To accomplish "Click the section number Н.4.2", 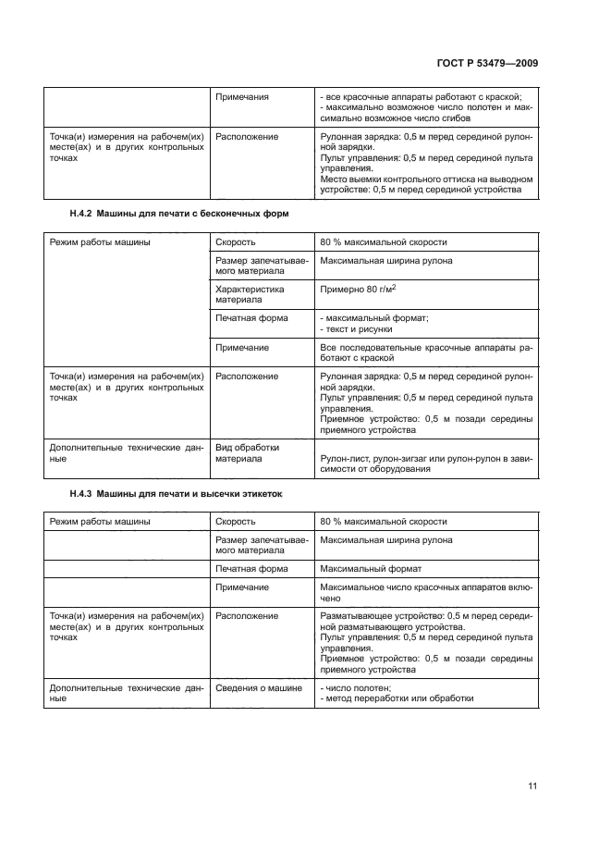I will tap(84, 214).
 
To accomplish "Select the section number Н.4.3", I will tap(84, 493).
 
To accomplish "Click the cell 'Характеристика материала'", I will tap(251, 294).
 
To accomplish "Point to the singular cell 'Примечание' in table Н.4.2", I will tap(242, 347).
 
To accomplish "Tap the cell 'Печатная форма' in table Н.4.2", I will tap(251, 317).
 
